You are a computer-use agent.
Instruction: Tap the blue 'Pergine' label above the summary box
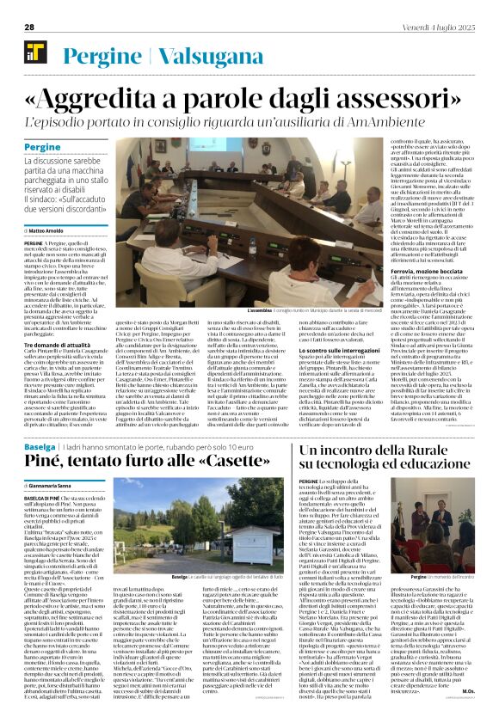pyautogui.click(x=42, y=149)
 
